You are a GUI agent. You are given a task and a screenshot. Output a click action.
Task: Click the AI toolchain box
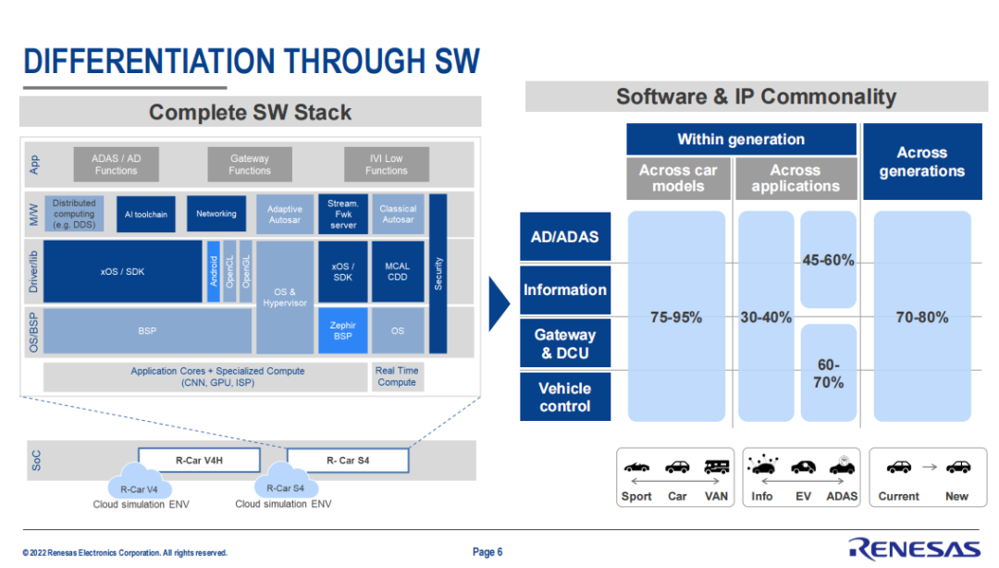(x=146, y=214)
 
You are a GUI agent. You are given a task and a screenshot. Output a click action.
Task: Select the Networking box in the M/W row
(x=216, y=214)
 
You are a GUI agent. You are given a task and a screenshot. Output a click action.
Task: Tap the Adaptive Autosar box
(x=285, y=214)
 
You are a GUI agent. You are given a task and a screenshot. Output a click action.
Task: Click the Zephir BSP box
(x=343, y=330)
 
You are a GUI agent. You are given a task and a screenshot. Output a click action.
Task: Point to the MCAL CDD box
(x=397, y=271)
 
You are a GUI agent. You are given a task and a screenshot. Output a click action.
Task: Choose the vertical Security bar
(x=438, y=273)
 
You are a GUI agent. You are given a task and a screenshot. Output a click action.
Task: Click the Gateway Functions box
(x=250, y=165)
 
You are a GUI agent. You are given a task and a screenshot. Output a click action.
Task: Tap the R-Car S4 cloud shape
(x=285, y=488)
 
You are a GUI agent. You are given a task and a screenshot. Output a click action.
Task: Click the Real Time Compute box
(x=397, y=377)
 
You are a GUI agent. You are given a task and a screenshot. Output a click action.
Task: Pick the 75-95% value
(x=676, y=317)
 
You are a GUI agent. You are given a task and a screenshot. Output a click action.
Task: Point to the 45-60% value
(x=828, y=261)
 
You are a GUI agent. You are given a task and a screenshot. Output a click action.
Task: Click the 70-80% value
(x=922, y=317)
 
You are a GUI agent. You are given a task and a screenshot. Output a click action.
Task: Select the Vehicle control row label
(x=565, y=397)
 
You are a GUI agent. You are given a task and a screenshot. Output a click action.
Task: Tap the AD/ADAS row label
(x=565, y=237)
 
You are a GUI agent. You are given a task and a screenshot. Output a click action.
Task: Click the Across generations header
(x=922, y=162)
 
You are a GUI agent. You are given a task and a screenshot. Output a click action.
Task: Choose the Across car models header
(x=678, y=179)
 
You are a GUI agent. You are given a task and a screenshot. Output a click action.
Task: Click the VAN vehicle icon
(x=717, y=467)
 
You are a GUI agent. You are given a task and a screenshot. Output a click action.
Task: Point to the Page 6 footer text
(x=487, y=552)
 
